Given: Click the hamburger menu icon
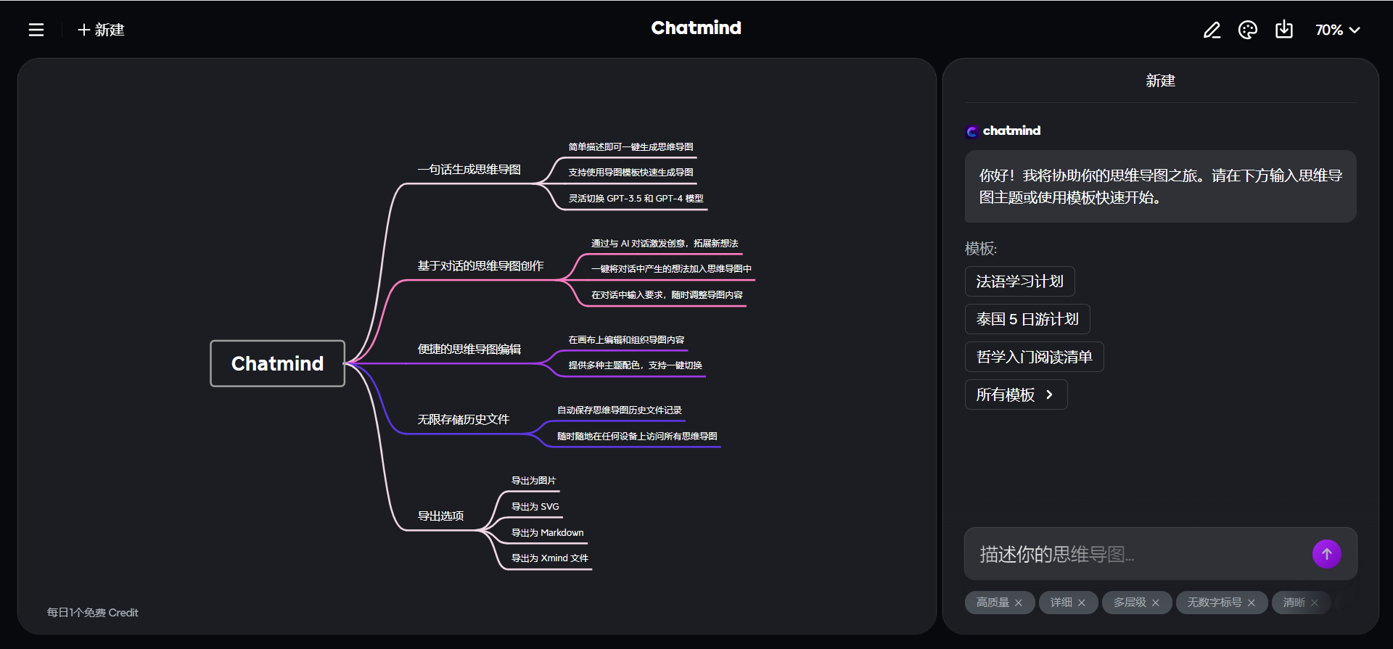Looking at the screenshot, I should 36,30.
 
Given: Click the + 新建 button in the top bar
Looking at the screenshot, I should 102,30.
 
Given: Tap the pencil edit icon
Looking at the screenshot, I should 1212,30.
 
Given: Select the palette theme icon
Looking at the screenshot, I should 1248,30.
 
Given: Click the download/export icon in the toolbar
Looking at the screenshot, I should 1284,30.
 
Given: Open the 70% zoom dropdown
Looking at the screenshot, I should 1337,30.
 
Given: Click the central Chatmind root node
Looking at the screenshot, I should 277,363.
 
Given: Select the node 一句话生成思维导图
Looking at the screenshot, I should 469,170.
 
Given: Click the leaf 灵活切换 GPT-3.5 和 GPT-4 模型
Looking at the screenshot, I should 636,199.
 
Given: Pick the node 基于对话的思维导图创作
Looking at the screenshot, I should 480,266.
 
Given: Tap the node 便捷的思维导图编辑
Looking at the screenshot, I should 469,350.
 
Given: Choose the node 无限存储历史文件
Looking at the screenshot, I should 463,420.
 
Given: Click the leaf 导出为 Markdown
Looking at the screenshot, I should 547,533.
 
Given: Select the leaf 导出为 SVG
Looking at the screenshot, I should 535,507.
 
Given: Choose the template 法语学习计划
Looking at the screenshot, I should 1019,281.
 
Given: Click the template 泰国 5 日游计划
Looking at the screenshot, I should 1027,319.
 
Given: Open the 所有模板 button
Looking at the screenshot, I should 1015,394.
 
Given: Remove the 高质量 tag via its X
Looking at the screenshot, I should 1019,603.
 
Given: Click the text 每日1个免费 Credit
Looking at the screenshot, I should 92,613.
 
